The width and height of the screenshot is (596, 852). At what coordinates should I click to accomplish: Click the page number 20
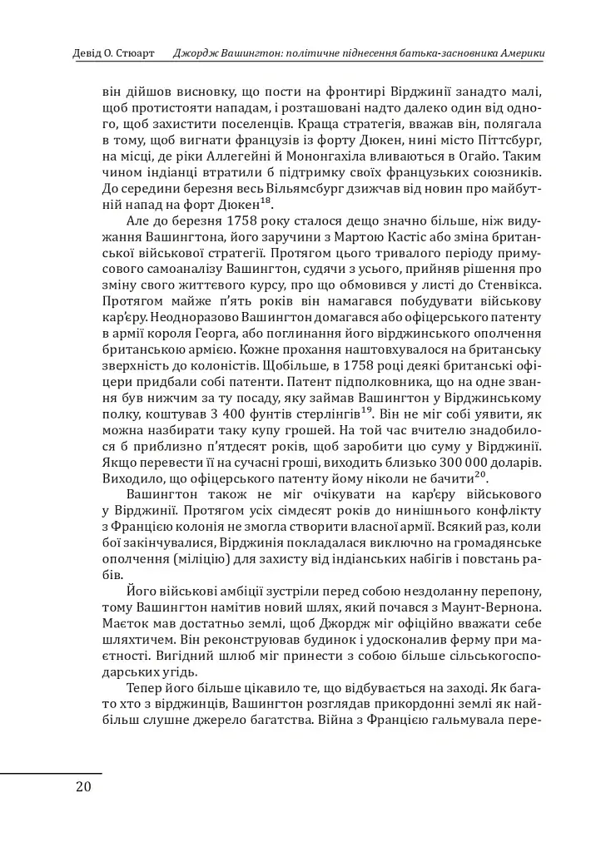tap(82, 787)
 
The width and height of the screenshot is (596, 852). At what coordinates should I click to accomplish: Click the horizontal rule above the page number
tap(51, 773)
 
